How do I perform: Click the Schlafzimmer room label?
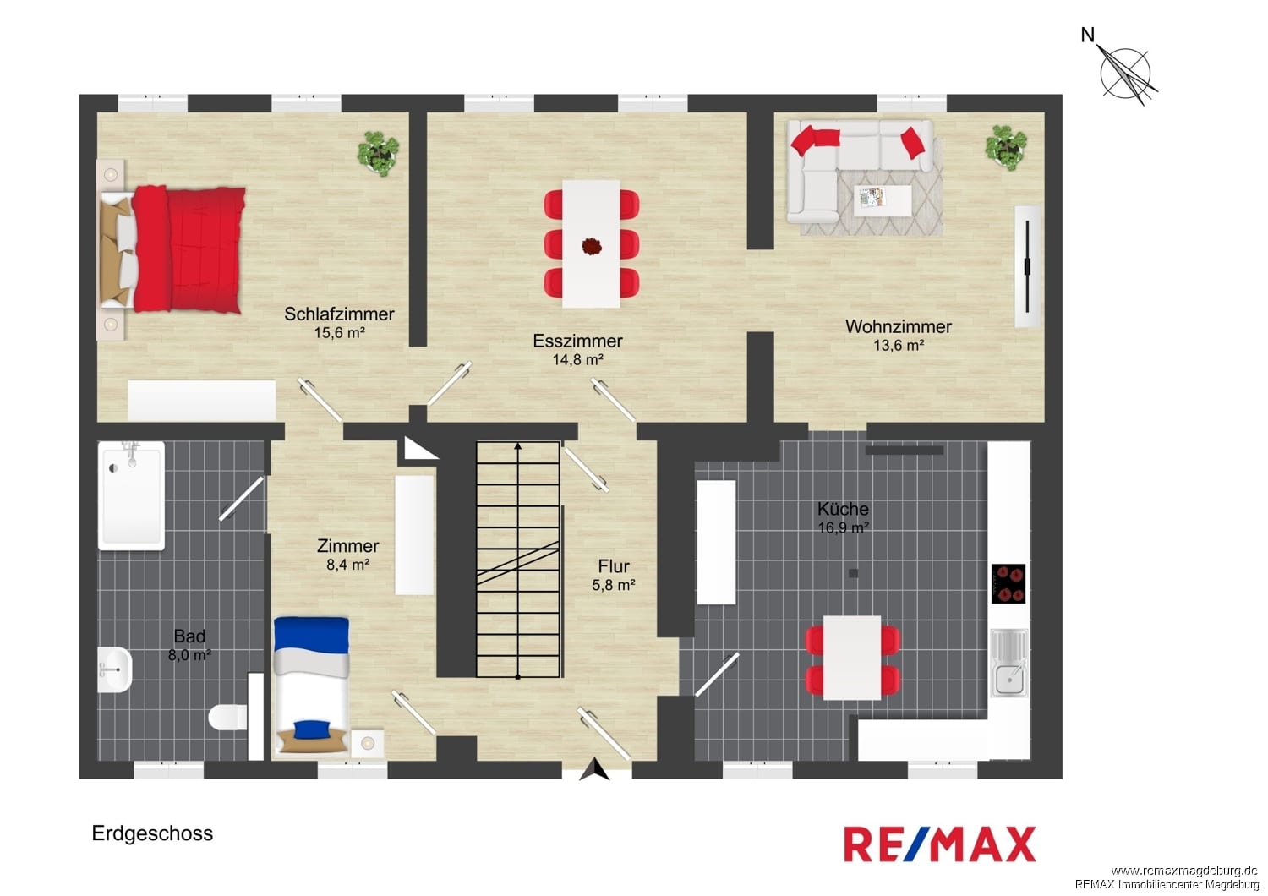pyautogui.click(x=339, y=314)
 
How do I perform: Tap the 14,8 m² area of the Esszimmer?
pyautogui.click(x=577, y=359)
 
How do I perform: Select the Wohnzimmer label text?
pyautogui.click(x=899, y=326)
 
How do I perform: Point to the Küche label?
pyautogui.click(x=843, y=508)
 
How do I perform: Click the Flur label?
pyautogui.click(x=614, y=566)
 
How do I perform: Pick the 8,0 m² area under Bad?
pyautogui.click(x=189, y=655)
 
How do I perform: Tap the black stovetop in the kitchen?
pyautogui.click(x=1008, y=583)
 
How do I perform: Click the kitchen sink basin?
pyautogui.click(x=1010, y=678)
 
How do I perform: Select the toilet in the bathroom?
pyautogui.click(x=227, y=717)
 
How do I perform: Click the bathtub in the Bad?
pyautogui.click(x=131, y=496)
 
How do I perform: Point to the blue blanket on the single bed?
pyautogui.click(x=311, y=635)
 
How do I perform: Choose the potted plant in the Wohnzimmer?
pyautogui.click(x=1006, y=147)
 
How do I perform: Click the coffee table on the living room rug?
pyautogui.click(x=883, y=200)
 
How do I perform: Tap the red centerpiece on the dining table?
pyautogui.click(x=592, y=246)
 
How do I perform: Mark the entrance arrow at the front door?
pyautogui.click(x=593, y=769)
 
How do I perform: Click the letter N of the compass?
pyautogui.click(x=1087, y=36)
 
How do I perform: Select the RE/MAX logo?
pyautogui.click(x=940, y=844)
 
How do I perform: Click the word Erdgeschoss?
pyautogui.click(x=152, y=833)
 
